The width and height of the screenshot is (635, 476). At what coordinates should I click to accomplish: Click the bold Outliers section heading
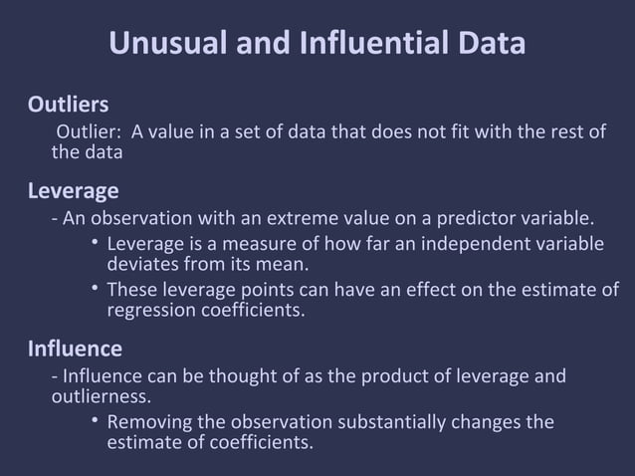pos(68,105)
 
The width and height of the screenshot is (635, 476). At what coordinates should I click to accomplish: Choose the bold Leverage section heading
pos(73,190)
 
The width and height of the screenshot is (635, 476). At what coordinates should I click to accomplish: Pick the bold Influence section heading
pos(75,349)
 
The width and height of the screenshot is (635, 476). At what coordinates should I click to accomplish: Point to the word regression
pos(150,310)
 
